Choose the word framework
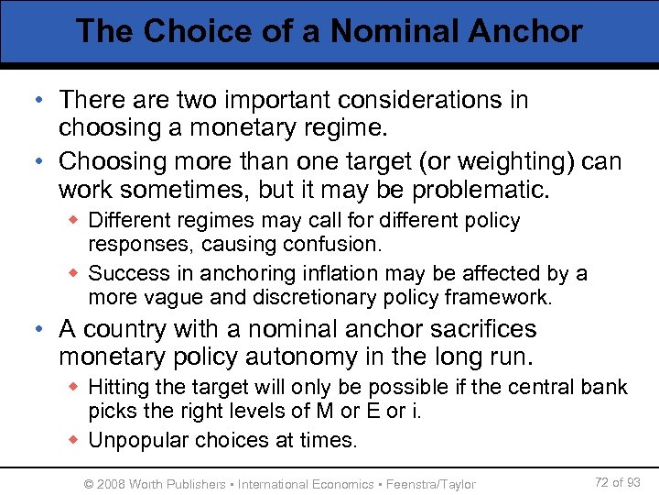(500, 297)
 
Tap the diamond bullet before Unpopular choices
(76, 440)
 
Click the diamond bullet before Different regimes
(76, 221)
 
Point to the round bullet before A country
(45, 330)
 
